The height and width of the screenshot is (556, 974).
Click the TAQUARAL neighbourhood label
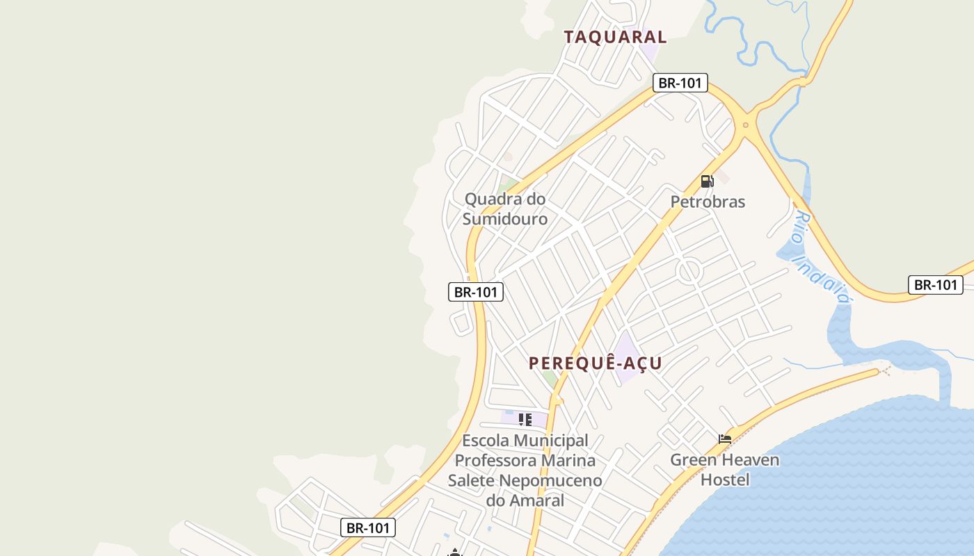(615, 37)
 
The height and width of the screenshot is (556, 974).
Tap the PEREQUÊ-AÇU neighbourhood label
(595, 363)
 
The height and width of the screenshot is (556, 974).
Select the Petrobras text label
(708, 202)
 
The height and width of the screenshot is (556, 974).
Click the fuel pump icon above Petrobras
(707, 181)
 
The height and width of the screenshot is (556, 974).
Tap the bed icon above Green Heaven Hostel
(725, 439)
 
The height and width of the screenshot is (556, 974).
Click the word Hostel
(725, 480)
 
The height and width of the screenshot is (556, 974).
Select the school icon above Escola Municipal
(525, 419)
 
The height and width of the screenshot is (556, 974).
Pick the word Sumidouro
(505, 219)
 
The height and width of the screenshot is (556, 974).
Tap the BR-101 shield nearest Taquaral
(680, 83)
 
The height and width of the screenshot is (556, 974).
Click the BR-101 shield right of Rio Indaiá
(936, 284)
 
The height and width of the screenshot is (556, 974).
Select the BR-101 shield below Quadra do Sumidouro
(476, 292)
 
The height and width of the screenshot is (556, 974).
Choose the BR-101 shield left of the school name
(369, 528)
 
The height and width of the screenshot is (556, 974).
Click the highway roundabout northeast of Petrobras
(745, 126)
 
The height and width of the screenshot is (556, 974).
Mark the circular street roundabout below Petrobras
(689, 271)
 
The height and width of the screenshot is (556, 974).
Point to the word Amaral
(536, 500)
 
